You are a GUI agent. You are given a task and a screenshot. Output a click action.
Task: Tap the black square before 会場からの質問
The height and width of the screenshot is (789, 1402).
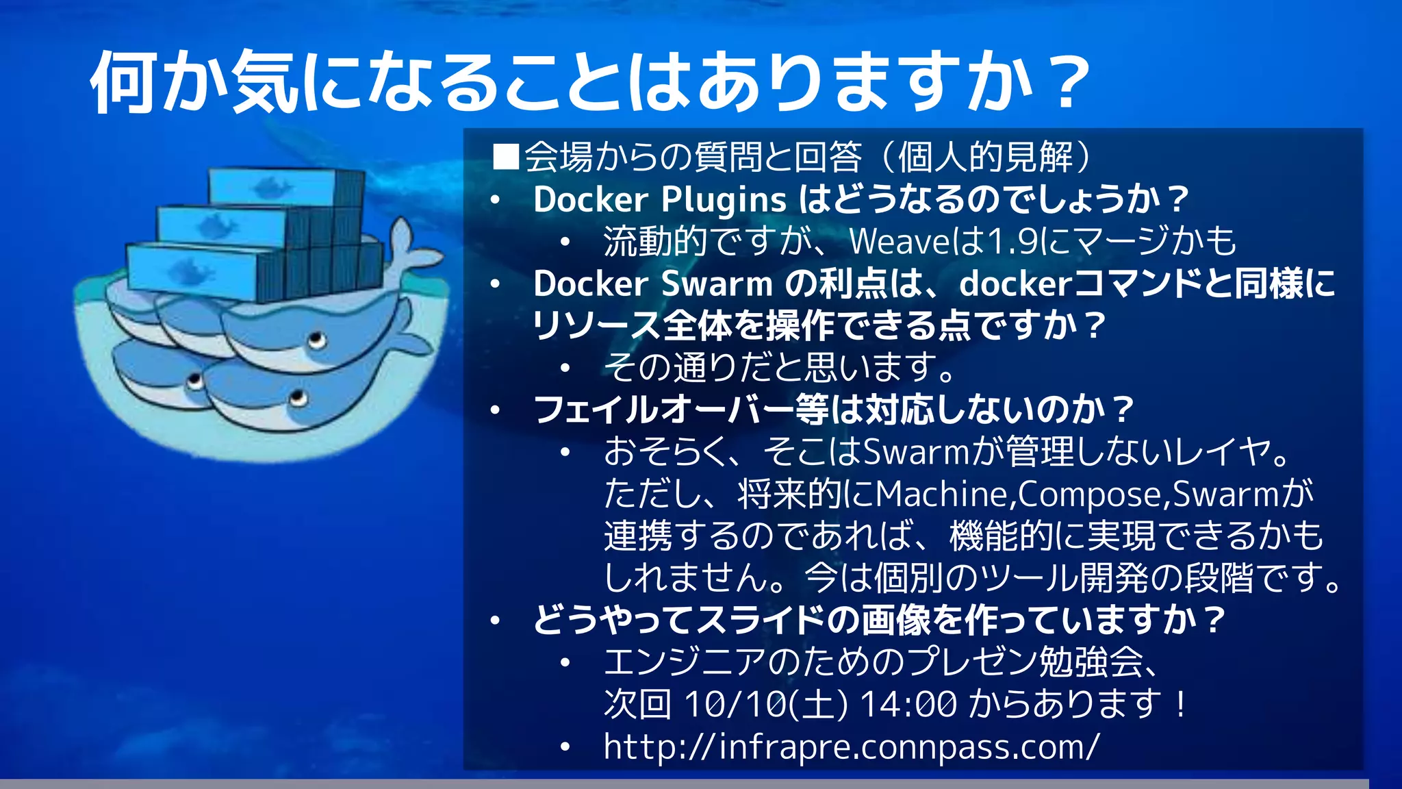[x=506, y=157]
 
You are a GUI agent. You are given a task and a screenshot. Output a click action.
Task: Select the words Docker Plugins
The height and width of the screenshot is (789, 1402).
[x=659, y=200]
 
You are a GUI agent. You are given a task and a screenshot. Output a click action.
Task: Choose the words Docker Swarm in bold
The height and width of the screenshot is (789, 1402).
[x=652, y=284]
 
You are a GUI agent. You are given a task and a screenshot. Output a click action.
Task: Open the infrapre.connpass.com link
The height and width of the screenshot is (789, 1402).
[x=851, y=747]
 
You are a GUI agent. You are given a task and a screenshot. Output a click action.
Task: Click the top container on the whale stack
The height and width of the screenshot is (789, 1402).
[x=281, y=186]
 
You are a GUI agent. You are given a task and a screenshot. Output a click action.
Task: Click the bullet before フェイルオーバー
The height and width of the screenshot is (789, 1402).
[x=496, y=410]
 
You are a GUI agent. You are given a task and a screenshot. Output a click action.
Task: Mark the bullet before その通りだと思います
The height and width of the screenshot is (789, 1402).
[x=565, y=368]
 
